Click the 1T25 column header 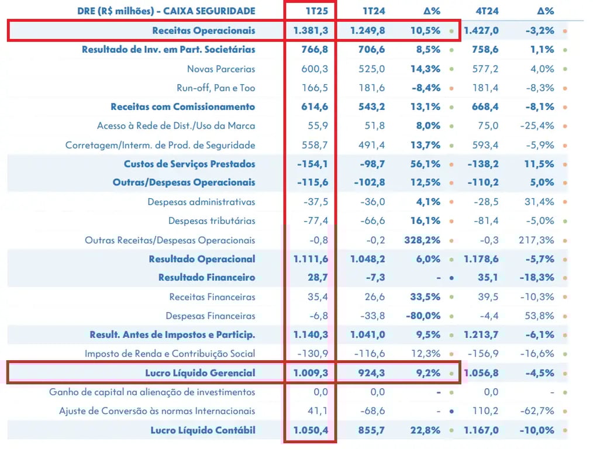[x=317, y=11]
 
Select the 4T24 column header [x=487, y=11]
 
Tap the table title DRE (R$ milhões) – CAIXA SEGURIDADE [x=167, y=11]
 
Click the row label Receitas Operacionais [x=204, y=30]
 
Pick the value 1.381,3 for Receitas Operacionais [x=311, y=30]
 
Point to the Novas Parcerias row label [x=221, y=69]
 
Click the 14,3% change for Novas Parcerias [x=426, y=69]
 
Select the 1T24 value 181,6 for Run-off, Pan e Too [x=372, y=88]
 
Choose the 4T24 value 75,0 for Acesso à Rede [x=488, y=126]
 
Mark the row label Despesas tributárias [x=212, y=221]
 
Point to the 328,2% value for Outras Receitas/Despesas [x=422, y=240]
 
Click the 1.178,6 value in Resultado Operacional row [x=481, y=259]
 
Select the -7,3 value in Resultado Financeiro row [x=375, y=278]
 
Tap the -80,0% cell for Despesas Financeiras [x=423, y=316]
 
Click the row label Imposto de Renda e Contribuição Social [x=170, y=354]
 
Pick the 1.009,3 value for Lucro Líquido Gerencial [x=311, y=373]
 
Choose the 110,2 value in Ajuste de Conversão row [x=485, y=411]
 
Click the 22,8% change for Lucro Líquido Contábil [x=426, y=430]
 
